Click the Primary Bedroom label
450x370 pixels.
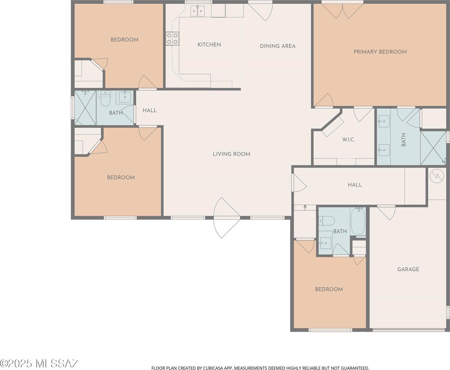[380, 52]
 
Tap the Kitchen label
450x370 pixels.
[209, 45]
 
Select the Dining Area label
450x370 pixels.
[277, 46]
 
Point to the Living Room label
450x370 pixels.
[231, 154]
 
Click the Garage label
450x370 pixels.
[408, 269]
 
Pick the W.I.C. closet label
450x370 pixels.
[348, 140]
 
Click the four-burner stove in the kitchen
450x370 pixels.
[173, 39]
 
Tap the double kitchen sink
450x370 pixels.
[197, 11]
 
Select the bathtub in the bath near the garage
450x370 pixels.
[358, 221]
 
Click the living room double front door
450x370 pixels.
[227, 218]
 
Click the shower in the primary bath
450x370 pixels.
[433, 148]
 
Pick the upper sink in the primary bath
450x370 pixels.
[384, 121]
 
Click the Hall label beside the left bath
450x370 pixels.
[149, 110]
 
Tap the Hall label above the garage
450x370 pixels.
[355, 185]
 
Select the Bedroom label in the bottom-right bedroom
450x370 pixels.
[329, 289]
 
